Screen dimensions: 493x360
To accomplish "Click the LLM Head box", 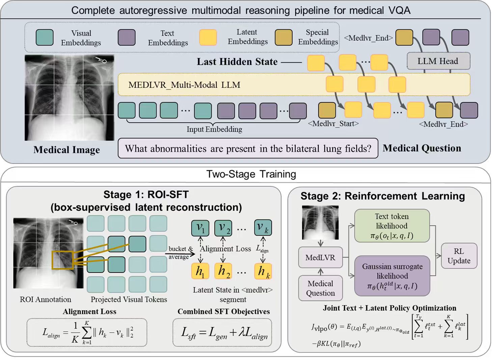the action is point(438,61).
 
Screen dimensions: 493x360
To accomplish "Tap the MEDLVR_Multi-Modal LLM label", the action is point(184,85).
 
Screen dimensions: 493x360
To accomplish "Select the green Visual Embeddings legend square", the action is point(45,37).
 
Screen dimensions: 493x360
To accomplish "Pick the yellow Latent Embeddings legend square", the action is point(208,37).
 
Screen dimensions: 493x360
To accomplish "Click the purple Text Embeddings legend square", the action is point(127,37).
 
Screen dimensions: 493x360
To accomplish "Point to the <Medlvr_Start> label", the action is point(333,124).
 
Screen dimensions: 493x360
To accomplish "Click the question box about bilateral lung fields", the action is point(248,148).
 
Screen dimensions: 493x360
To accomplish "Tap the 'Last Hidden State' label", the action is point(237,62).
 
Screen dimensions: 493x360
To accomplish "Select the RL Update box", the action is point(459,256).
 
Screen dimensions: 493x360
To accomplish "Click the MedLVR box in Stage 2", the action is point(321,257).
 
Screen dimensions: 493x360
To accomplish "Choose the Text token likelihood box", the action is point(392,226).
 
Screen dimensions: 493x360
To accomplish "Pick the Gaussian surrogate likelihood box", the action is point(392,276).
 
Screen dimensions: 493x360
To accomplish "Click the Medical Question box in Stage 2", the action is point(321,288).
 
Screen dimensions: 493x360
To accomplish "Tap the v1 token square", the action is point(200,228).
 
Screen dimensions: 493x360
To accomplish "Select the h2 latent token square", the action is point(223,271).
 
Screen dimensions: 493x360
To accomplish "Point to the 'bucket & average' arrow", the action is point(180,254).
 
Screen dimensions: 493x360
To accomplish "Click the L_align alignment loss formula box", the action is point(87,332).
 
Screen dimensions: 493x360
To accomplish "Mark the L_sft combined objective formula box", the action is point(222,332).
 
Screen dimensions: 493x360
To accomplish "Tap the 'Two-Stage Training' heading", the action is point(251,174).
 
